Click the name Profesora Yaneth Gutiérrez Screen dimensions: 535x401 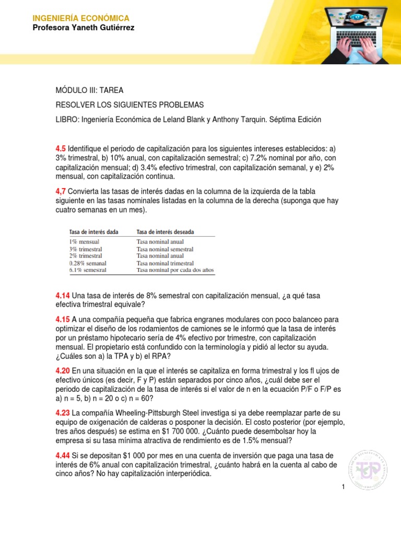pos(84,28)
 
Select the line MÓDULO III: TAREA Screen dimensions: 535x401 pos(89,90)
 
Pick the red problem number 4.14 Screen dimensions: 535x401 pos(63,296)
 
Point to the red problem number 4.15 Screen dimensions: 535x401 pos(63,319)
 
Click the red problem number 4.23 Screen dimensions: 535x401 pos(63,413)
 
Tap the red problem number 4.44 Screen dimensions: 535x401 pos(63,456)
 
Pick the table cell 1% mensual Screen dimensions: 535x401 pos(84,242)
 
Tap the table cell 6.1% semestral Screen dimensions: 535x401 pos(88,271)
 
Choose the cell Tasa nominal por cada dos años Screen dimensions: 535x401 pos(175,271)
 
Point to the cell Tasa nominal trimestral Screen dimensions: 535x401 pos(165,263)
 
